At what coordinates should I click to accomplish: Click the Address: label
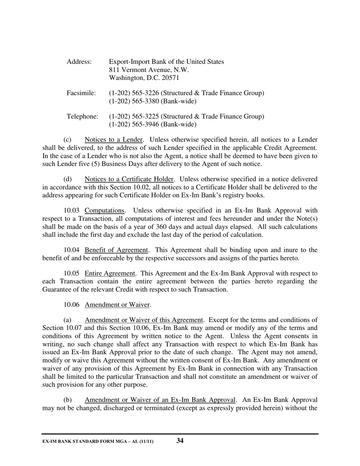coord(79,62)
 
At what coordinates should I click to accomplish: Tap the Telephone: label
coord(82,116)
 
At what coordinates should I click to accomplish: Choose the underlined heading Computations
coord(105,211)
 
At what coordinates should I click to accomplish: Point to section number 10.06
coord(72,305)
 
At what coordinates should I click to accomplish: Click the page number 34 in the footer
coord(180,440)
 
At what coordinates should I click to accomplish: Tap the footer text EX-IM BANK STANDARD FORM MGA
coord(87,441)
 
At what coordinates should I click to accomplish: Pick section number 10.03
coord(72,211)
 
